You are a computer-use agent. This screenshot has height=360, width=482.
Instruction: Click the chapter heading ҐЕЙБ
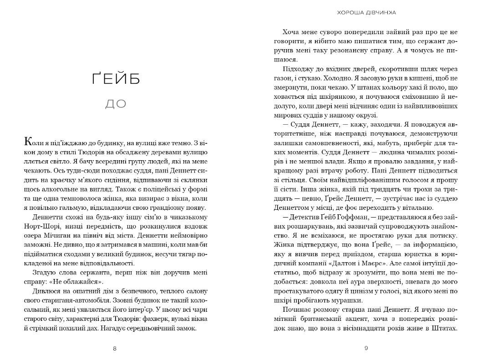tap(116, 79)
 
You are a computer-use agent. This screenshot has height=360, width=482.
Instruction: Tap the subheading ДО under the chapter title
tap(116, 104)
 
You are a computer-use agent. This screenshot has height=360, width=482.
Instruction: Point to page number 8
tap(115, 349)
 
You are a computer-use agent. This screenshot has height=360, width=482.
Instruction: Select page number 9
tap(366, 349)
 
